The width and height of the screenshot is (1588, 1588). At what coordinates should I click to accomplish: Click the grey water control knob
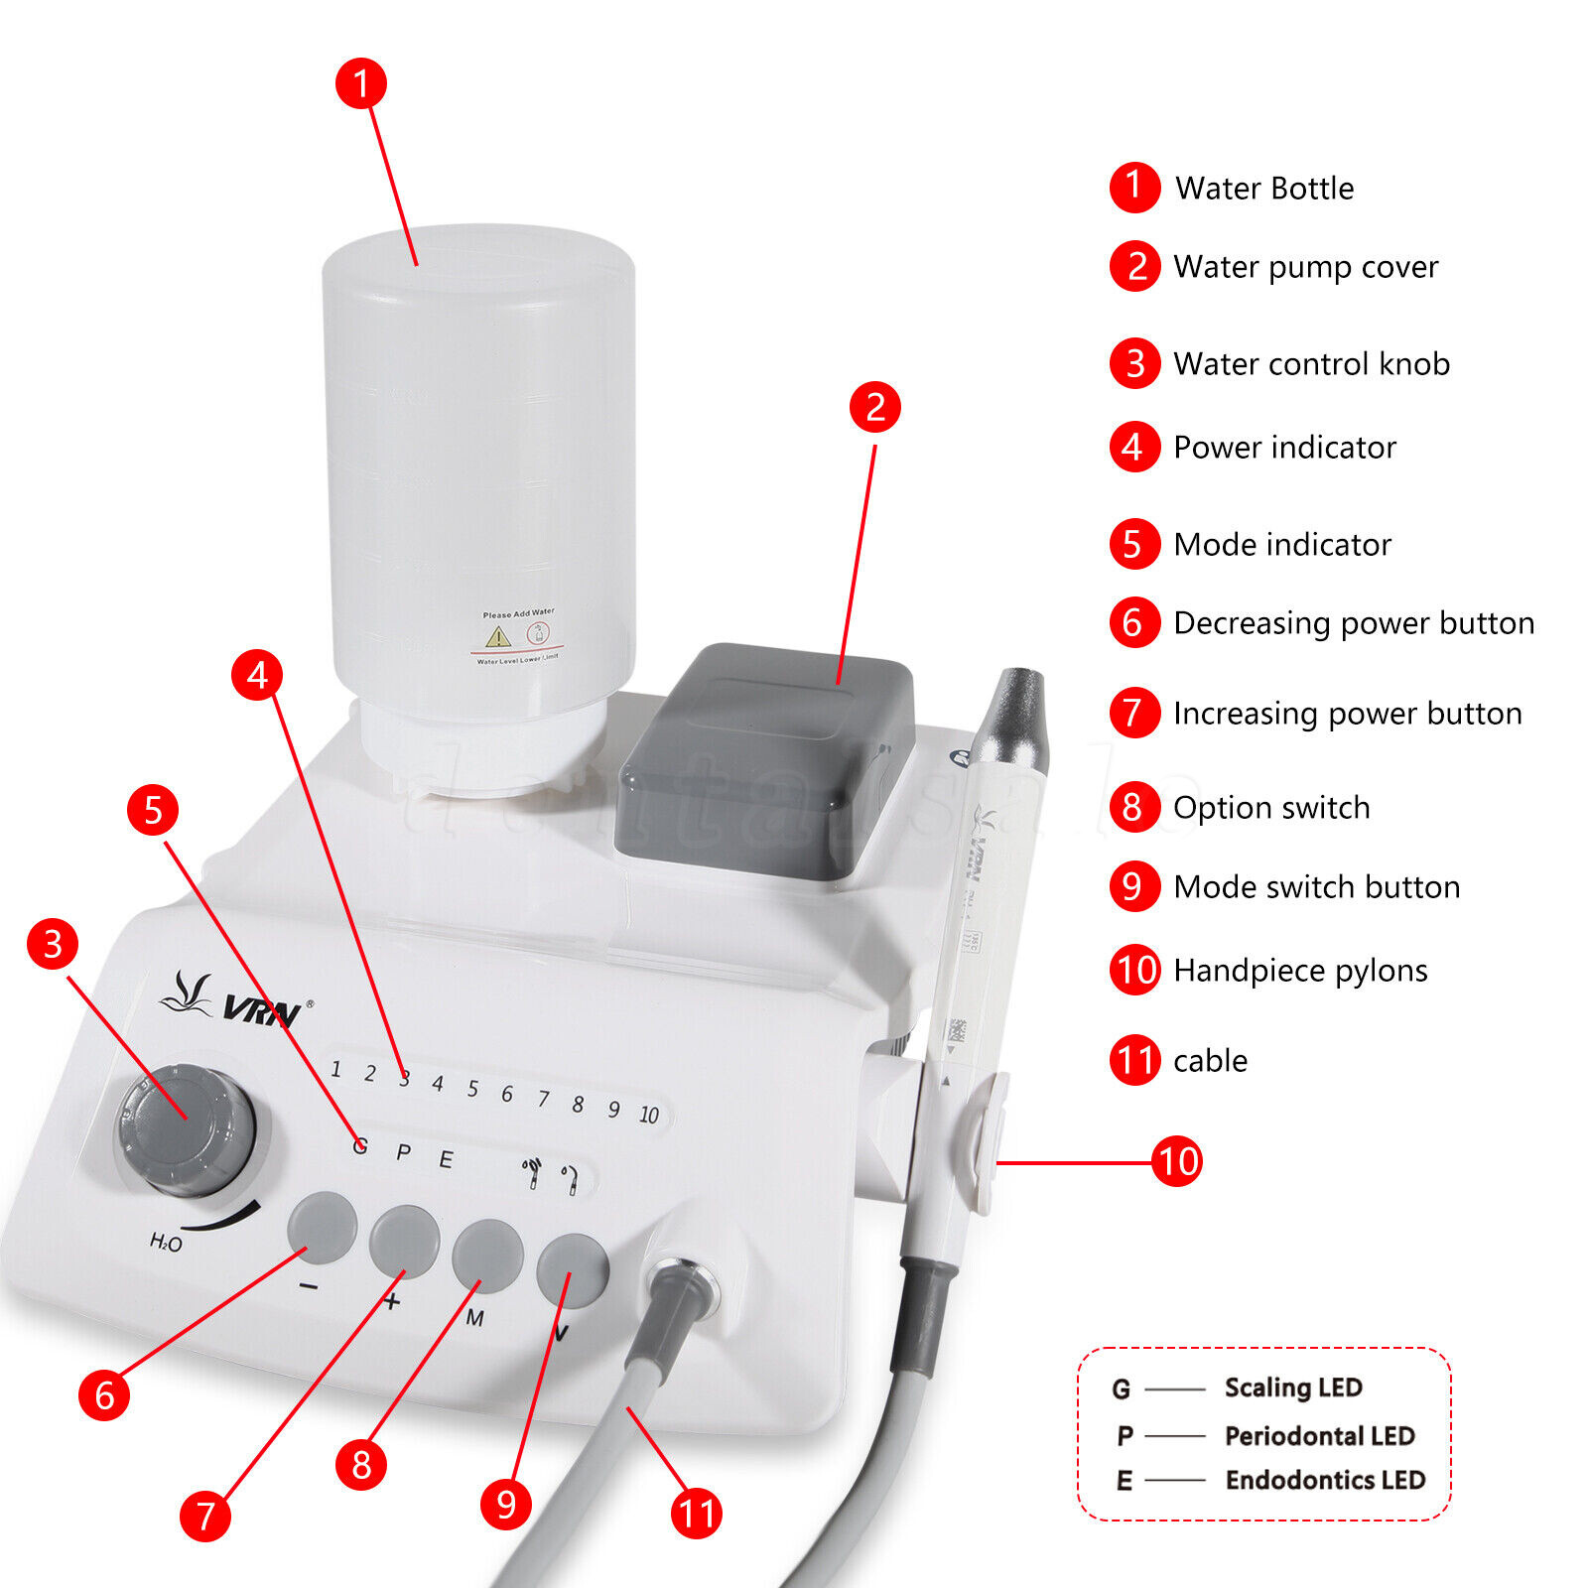[186, 1129]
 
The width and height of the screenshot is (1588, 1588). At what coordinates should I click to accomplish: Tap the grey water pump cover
[764, 759]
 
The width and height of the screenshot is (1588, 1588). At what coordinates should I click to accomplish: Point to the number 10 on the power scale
[649, 1115]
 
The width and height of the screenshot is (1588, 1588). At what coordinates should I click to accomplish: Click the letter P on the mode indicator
[403, 1152]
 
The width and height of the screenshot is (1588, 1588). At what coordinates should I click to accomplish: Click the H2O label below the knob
[166, 1242]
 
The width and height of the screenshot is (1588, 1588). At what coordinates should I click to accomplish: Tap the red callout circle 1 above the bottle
[360, 83]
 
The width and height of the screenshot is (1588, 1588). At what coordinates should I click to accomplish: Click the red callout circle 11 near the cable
[696, 1514]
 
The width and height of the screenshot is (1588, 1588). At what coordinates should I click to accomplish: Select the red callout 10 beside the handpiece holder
[1177, 1161]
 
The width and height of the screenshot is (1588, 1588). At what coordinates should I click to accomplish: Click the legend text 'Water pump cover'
[1305, 267]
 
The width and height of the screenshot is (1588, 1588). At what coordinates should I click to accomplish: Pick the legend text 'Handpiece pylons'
[1300, 970]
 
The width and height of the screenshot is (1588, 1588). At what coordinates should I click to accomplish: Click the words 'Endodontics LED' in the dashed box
[1325, 1480]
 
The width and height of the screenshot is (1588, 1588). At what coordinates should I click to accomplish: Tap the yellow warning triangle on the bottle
[497, 636]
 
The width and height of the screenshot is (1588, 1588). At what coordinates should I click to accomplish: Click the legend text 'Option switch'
[1271, 807]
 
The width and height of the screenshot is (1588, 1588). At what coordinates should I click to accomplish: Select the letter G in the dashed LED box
[1122, 1389]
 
